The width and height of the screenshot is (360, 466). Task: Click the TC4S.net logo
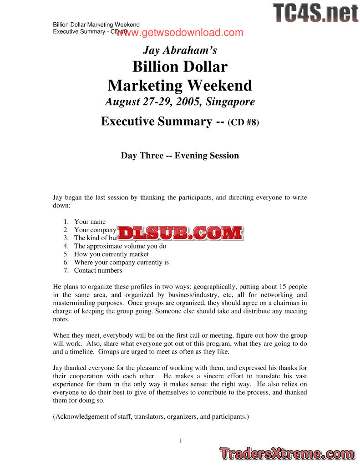pyautogui.click(x=315, y=13)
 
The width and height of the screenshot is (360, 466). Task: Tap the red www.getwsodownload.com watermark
pyautogui.click(x=180, y=33)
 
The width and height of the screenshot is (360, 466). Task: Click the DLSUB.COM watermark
pyautogui.click(x=180, y=233)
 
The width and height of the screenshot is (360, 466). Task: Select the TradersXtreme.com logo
pyautogui.click(x=286, y=453)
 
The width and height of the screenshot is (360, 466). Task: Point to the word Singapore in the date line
pyautogui.click(x=230, y=101)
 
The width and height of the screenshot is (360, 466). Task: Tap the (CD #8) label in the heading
pyautogui.click(x=243, y=122)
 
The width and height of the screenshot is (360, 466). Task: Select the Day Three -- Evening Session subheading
pyautogui.click(x=180, y=156)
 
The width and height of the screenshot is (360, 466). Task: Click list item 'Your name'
pyautogui.click(x=90, y=222)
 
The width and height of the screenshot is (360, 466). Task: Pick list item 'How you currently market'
pyautogui.click(x=112, y=254)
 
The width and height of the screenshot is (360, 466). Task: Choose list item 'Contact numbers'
pyautogui.click(x=98, y=270)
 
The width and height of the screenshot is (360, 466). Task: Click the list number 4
pyautogui.click(x=66, y=246)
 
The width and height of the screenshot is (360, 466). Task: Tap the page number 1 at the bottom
pyautogui.click(x=180, y=441)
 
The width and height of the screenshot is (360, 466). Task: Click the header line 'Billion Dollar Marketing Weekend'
pyautogui.click(x=96, y=25)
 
